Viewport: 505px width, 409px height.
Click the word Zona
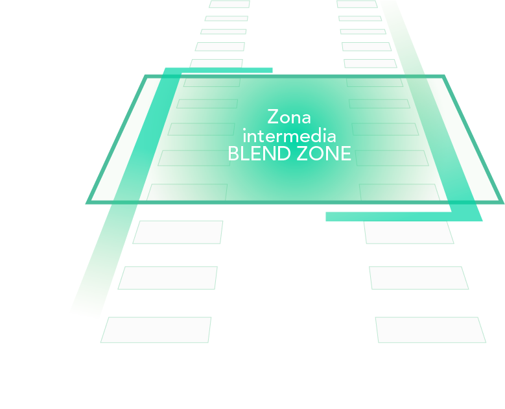(x=289, y=118)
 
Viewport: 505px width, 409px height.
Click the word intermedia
(x=289, y=136)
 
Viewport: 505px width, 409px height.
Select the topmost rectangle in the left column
(x=229, y=4)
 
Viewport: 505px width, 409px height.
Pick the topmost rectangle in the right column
(x=357, y=4)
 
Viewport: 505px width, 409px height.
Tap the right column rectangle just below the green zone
(x=408, y=232)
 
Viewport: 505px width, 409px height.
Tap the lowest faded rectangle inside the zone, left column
(x=187, y=192)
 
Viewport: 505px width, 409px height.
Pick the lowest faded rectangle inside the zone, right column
(x=399, y=192)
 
